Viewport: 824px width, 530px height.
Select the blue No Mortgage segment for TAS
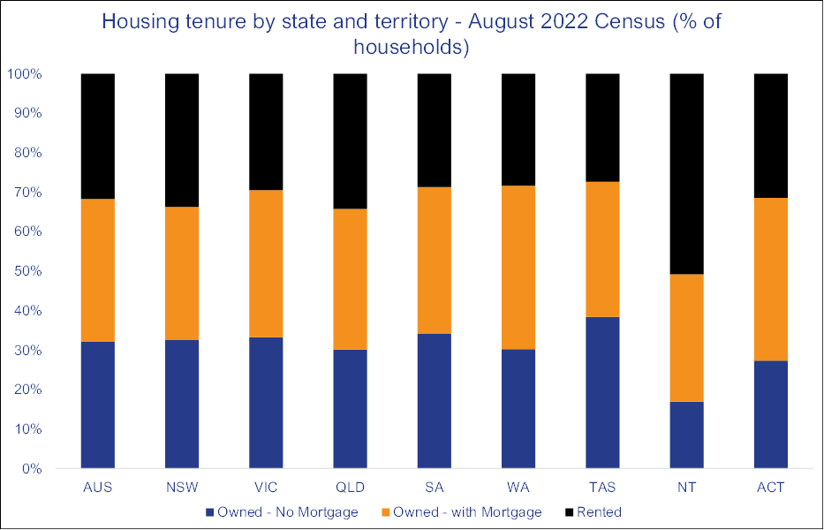point(602,392)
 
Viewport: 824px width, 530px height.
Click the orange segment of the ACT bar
point(770,279)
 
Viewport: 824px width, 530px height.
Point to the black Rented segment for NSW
point(182,140)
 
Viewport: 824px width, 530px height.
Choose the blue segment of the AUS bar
point(98,405)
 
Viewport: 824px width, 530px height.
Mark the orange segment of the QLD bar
point(350,279)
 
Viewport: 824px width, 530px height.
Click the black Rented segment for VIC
point(266,132)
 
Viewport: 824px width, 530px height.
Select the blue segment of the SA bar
point(434,401)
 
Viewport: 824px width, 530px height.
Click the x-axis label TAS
point(602,488)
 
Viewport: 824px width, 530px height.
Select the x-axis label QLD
point(350,488)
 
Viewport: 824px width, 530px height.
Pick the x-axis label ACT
point(770,488)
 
